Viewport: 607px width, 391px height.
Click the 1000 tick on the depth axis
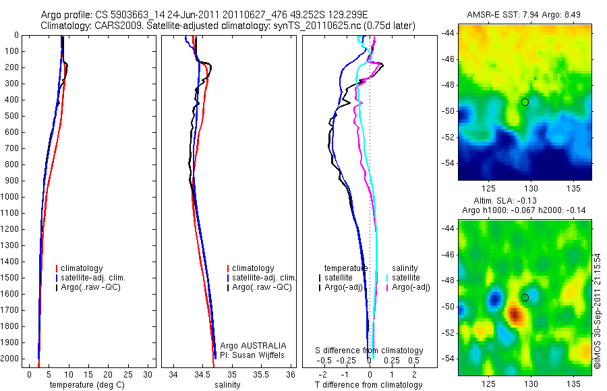tap(11, 197)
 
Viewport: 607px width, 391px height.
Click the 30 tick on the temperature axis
tap(148, 375)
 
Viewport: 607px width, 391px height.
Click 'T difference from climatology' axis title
tap(368, 385)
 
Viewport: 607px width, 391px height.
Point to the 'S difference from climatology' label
tap(370, 351)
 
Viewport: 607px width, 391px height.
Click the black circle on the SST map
tap(525, 102)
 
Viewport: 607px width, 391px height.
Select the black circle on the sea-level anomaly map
tap(525, 297)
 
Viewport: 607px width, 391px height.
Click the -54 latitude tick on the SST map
tap(449, 163)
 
